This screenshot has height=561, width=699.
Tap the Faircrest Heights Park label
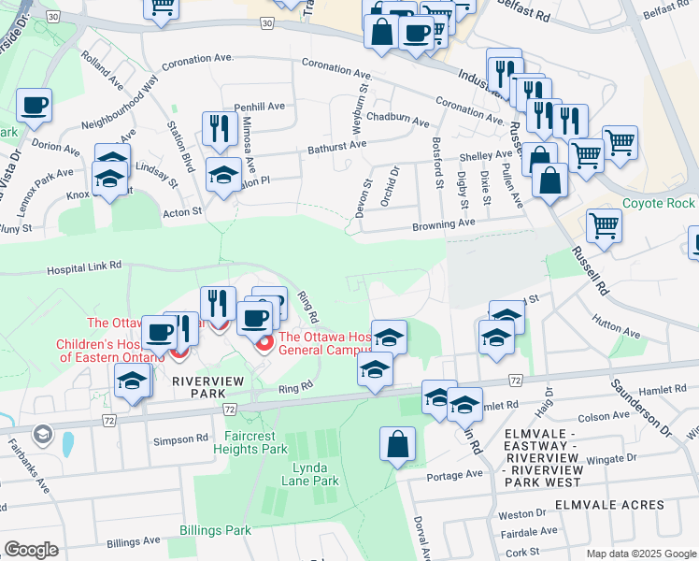click(x=256, y=442)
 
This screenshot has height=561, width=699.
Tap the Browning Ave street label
click(x=445, y=224)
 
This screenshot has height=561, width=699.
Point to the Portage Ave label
click(x=455, y=474)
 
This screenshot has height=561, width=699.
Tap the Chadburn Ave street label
click(x=398, y=121)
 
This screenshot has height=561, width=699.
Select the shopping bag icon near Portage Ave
click(x=397, y=444)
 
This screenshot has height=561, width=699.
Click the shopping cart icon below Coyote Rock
click(x=605, y=225)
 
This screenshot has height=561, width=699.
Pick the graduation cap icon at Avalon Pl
click(x=223, y=175)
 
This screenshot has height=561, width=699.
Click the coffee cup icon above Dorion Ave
click(x=35, y=105)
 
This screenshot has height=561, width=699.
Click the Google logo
click(x=31, y=550)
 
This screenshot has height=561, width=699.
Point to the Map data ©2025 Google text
click(x=640, y=554)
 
